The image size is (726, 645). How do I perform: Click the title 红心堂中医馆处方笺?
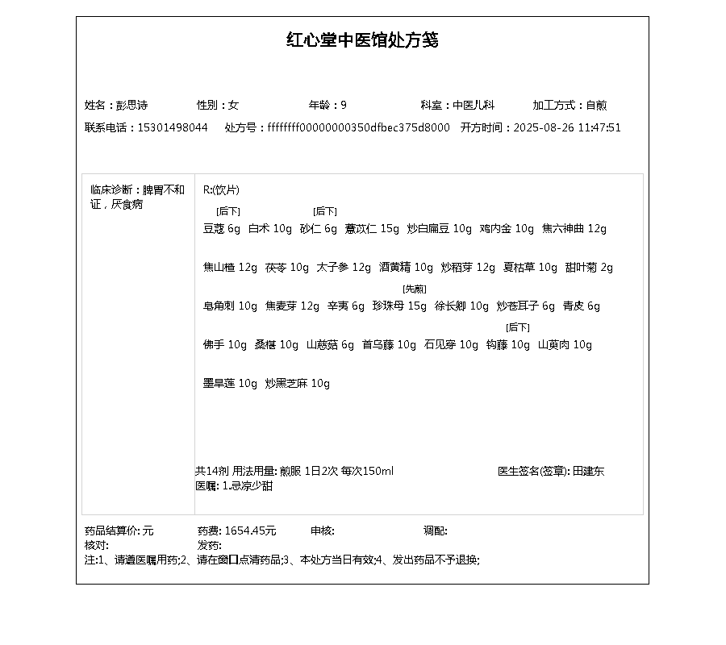(362, 40)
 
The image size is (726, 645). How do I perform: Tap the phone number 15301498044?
(173, 128)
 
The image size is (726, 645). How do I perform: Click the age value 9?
(344, 106)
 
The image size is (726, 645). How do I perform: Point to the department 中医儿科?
(474, 106)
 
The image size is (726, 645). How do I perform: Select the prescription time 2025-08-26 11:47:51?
(567, 128)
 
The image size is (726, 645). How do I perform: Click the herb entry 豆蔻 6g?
(222, 229)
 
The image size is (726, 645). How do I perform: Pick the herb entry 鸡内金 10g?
(507, 229)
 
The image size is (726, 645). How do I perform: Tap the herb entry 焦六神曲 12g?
(574, 229)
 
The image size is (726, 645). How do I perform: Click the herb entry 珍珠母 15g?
(399, 306)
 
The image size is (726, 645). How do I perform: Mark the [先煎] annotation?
(415, 289)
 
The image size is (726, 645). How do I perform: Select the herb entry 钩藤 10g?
(508, 345)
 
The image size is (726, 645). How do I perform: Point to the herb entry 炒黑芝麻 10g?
(298, 384)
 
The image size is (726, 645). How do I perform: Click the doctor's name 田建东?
(589, 472)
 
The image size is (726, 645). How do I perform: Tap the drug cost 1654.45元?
(250, 531)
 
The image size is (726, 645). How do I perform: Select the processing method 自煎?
(596, 106)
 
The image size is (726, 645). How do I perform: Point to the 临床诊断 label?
(111, 190)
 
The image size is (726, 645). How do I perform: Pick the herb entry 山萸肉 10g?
(565, 345)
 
